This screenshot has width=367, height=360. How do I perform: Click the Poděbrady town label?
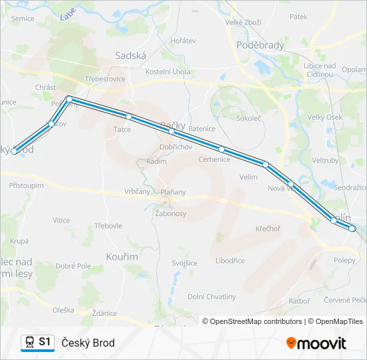coord(260,45)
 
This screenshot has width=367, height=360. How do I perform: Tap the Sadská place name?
coord(130,56)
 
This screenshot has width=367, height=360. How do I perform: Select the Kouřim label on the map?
coord(121,256)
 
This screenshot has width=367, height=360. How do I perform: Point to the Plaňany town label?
coord(173,192)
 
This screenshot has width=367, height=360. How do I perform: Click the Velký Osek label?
coord(325,117)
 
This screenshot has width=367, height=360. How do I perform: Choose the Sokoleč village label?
coord(249,117)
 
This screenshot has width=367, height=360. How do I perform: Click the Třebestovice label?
coord(105,79)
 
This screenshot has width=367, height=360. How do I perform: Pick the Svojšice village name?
coord(184,263)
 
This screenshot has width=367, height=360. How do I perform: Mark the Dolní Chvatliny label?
coord(212,297)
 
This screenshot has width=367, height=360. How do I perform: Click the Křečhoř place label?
coord(268,229)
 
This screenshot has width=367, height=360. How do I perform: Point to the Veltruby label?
coord(326,160)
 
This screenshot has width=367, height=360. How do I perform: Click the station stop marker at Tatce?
coord(129,117)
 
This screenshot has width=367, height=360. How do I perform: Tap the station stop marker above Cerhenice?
coord(221,149)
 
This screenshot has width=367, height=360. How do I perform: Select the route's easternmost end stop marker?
coord(352,229)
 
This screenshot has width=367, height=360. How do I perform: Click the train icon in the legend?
coord(29,342)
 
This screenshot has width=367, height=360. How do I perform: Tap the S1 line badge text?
coord(45,342)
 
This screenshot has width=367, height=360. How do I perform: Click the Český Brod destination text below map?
coord(88,343)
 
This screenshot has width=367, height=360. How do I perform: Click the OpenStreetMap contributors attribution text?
coord(252,321)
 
